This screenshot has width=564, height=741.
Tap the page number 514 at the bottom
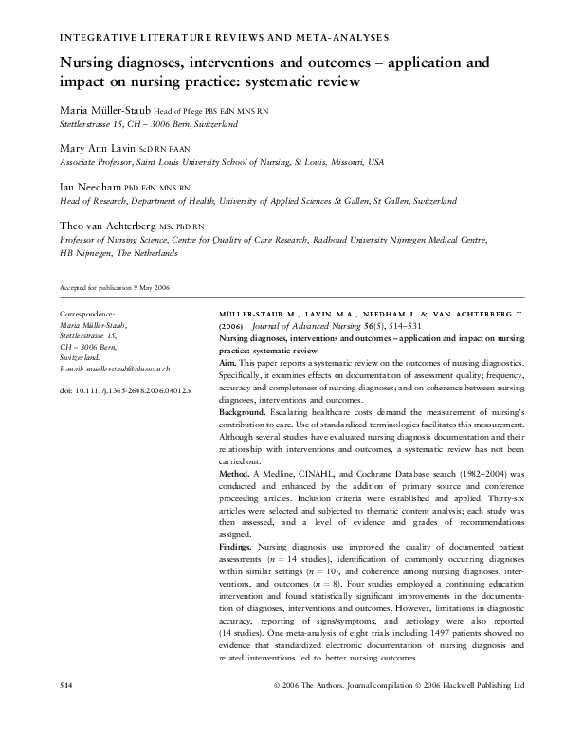(x=66, y=710)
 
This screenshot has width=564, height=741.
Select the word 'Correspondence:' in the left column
(x=87, y=314)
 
